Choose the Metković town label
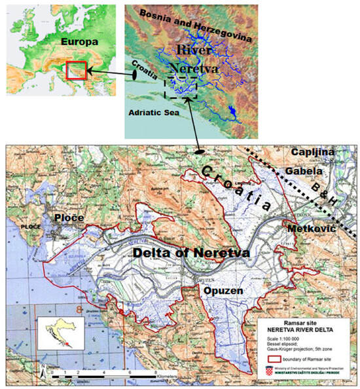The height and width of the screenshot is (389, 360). [x=312, y=227]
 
